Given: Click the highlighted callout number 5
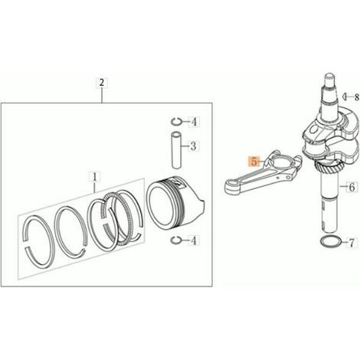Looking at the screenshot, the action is pos(254,162).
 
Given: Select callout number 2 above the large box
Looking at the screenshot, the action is pos(102,83).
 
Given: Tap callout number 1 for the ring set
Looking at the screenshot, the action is pos(94,177).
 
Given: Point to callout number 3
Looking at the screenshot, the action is pos(193,146).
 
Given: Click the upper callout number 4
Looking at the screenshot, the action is pos(194,123).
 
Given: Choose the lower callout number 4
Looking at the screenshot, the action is pos(194,241).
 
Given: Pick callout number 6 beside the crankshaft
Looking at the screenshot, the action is pos(352,187).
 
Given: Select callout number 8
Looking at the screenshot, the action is pos(356,97).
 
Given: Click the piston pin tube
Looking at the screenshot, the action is pos(176,150).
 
